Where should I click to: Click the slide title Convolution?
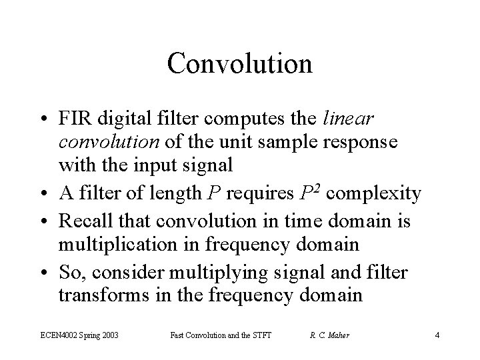pos(240,64)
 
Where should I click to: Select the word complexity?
pos(375,194)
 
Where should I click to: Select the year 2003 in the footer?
pos(109,335)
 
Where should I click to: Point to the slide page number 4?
pos(437,335)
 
